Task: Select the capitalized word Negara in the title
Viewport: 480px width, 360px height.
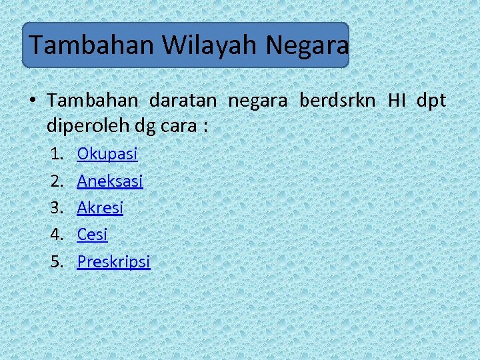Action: point(307,45)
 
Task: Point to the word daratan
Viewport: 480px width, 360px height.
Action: point(183,101)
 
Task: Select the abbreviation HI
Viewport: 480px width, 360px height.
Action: point(397,101)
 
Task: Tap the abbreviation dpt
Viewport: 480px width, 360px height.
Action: point(431,101)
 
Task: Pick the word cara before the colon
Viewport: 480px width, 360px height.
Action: point(177,126)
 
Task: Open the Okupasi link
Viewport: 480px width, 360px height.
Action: point(107,154)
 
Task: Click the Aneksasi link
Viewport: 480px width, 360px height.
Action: point(110,181)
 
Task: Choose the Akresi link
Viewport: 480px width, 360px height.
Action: point(100,207)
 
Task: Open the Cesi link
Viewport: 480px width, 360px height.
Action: point(92,234)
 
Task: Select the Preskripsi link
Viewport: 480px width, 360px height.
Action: point(114,261)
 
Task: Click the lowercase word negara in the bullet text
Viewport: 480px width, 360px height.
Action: point(258,101)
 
